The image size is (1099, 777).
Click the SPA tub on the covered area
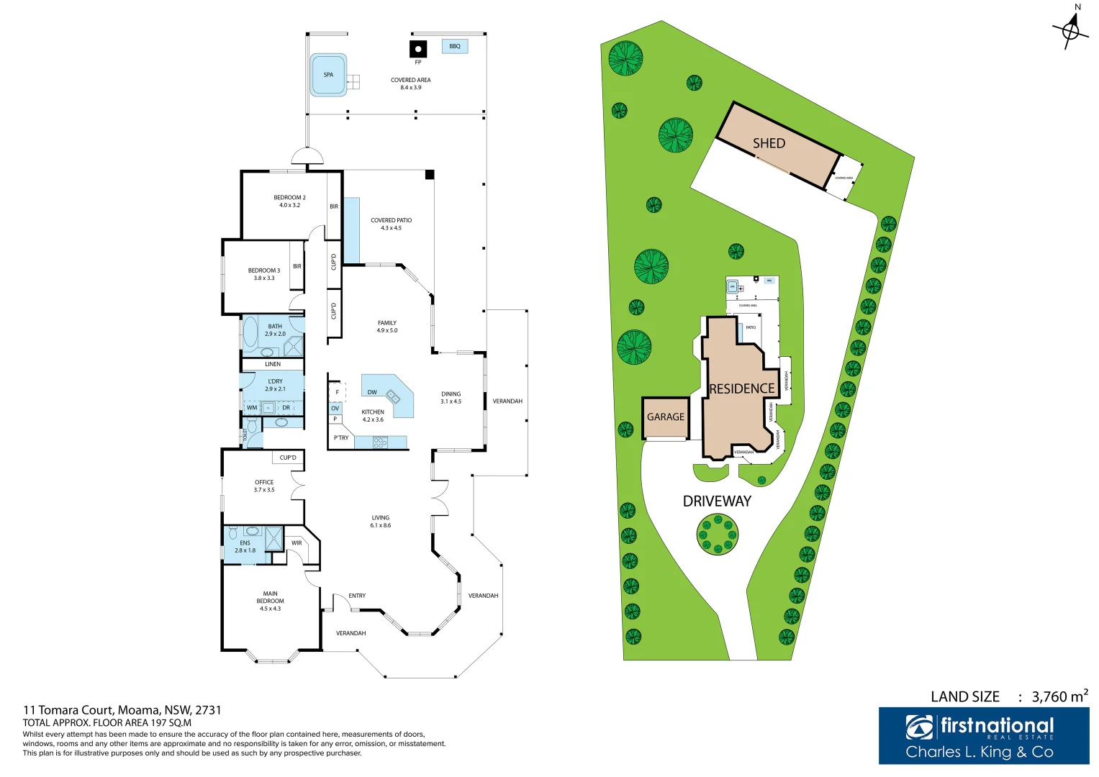[x=328, y=75]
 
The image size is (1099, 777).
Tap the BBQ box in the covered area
[x=455, y=47]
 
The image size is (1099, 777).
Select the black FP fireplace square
[x=418, y=50]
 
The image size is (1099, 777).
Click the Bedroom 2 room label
[x=289, y=201]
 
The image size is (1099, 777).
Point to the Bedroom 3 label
[x=264, y=274]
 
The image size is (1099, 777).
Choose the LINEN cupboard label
[x=273, y=364]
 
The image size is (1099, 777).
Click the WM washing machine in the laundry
[x=252, y=408]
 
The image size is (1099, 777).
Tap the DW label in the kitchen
[x=372, y=393]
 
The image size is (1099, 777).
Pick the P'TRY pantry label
[x=341, y=437]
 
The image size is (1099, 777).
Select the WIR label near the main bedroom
[x=297, y=543]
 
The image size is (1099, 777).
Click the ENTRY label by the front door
[x=357, y=596]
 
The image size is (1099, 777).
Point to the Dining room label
[x=451, y=398]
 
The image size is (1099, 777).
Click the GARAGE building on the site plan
[x=666, y=417]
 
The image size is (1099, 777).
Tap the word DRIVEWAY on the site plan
[x=717, y=501]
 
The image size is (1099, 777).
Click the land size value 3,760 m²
[x=1059, y=696]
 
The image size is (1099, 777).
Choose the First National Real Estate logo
[x=983, y=735]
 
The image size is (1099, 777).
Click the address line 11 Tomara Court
[x=122, y=710]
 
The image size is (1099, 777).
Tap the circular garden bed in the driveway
[x=718, y=534]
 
